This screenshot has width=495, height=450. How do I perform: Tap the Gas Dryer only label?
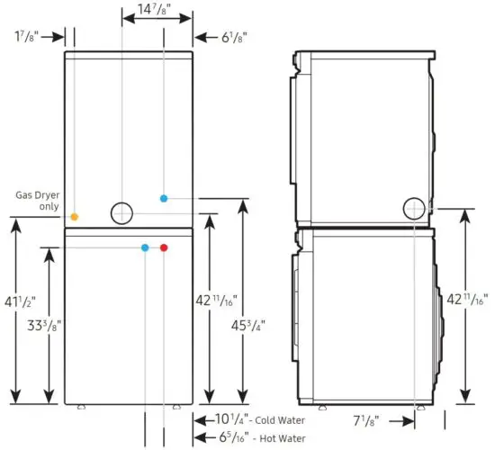tap(37, 200)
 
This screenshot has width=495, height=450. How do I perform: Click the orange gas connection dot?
tap(75, 217)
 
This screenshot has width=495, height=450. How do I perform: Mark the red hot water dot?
tap(163, 247)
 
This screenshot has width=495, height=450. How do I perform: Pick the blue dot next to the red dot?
tap(145, 247)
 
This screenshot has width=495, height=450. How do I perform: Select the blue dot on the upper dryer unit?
tap(163, 198)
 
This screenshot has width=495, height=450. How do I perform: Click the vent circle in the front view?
tap(121, 213)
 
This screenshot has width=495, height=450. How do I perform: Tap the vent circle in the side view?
tap(415, 208)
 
